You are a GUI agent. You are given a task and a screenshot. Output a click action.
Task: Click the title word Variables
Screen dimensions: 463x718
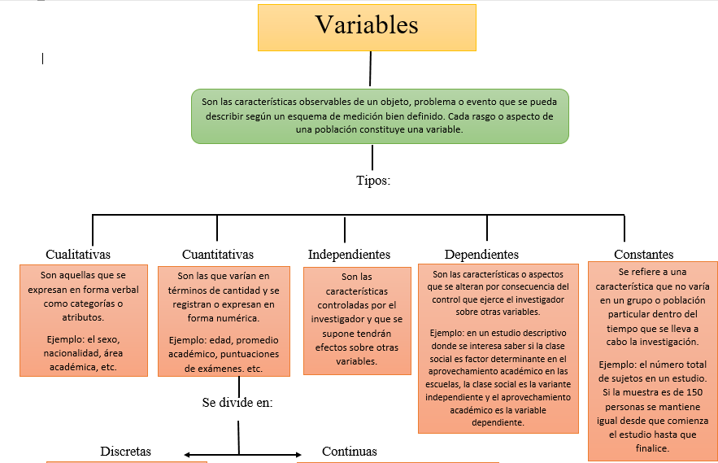(x=367, y=25)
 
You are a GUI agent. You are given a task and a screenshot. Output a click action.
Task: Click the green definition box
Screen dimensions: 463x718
(x=381, y=116)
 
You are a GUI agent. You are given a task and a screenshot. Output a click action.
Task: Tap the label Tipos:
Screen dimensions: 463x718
(x=373, y=181)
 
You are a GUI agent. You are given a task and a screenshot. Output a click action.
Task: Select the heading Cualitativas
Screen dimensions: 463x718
(x=78, y=255)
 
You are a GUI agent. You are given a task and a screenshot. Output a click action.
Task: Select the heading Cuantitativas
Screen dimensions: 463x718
(x=217, y=255)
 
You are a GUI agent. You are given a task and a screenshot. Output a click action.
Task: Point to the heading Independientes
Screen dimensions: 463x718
(x=349, y=255)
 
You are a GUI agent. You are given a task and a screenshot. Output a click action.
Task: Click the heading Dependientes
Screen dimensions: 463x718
(x=481, y=255)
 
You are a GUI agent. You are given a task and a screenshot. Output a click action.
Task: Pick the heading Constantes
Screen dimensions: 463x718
(x=643, y=255)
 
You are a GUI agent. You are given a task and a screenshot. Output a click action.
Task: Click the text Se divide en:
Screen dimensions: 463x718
(x=237, y=402)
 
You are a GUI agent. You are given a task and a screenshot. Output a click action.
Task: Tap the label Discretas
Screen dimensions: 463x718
(x=125, y=452)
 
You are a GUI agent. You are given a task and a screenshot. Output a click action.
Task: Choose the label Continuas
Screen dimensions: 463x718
(x=350, y=452)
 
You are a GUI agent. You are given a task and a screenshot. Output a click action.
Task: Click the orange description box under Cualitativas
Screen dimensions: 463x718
(x=84, y=320)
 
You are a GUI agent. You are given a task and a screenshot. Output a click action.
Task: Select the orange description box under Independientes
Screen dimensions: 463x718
(x=357, y=320)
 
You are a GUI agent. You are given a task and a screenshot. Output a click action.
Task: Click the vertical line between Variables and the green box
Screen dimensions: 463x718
(x=371, y=68)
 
